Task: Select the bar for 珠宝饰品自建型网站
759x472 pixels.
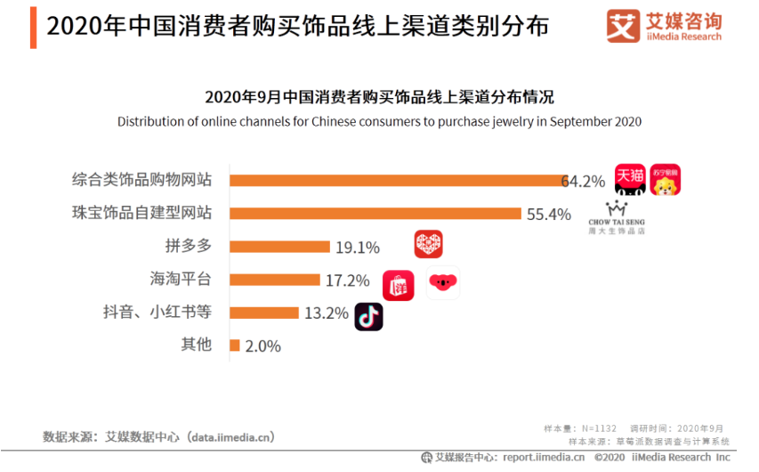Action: (x=375, y=213)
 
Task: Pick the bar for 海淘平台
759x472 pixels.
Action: (x=274, y=280)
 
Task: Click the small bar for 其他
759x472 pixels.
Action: (x=235, y=346)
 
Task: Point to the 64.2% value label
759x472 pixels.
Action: (x=584, y=181)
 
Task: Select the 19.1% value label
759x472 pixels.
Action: (x=358, y=248)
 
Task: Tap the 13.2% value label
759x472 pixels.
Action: (x=326, y=313)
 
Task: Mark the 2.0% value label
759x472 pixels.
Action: (x=262, y=346)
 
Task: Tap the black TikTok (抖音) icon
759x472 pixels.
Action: (x=368, y=316)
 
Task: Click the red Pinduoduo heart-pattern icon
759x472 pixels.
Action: (x=428, y=244)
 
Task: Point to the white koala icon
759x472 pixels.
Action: (x=442, y=283)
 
